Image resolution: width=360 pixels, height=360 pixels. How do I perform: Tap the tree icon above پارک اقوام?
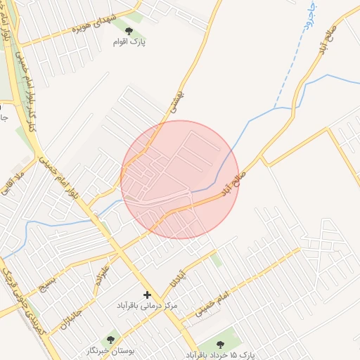129,30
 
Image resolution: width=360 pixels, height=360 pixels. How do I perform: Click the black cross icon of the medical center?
147,295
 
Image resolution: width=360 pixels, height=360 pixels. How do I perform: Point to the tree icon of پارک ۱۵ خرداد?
220,345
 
